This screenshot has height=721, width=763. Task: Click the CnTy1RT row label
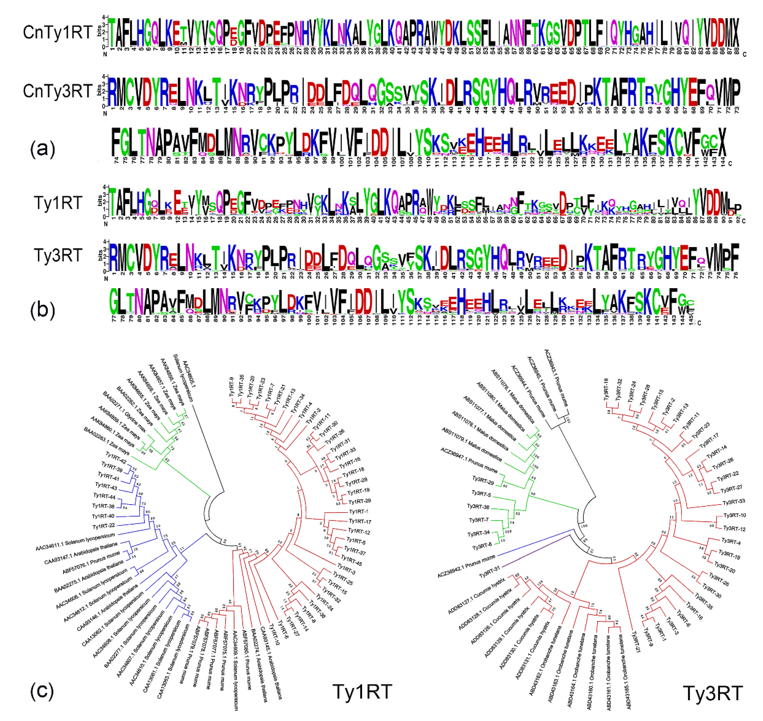coord(57,32)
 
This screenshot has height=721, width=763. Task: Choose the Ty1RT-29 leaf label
coord(359,502)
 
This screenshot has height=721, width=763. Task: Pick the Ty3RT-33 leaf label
coord(734,502)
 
